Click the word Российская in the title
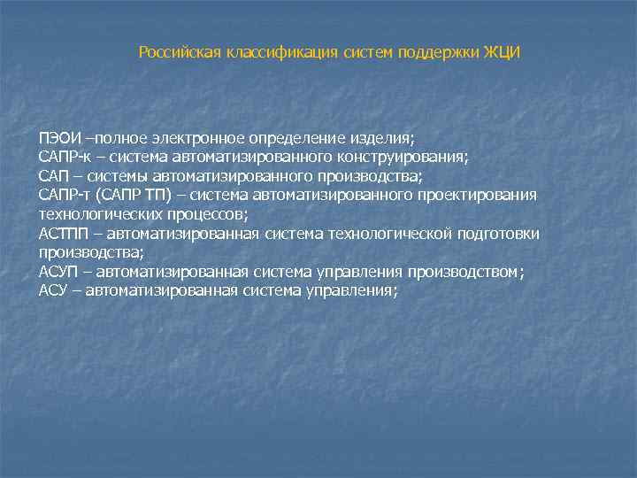[180, 53]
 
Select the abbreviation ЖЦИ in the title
[503, 53]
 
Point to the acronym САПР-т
[62, 195]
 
